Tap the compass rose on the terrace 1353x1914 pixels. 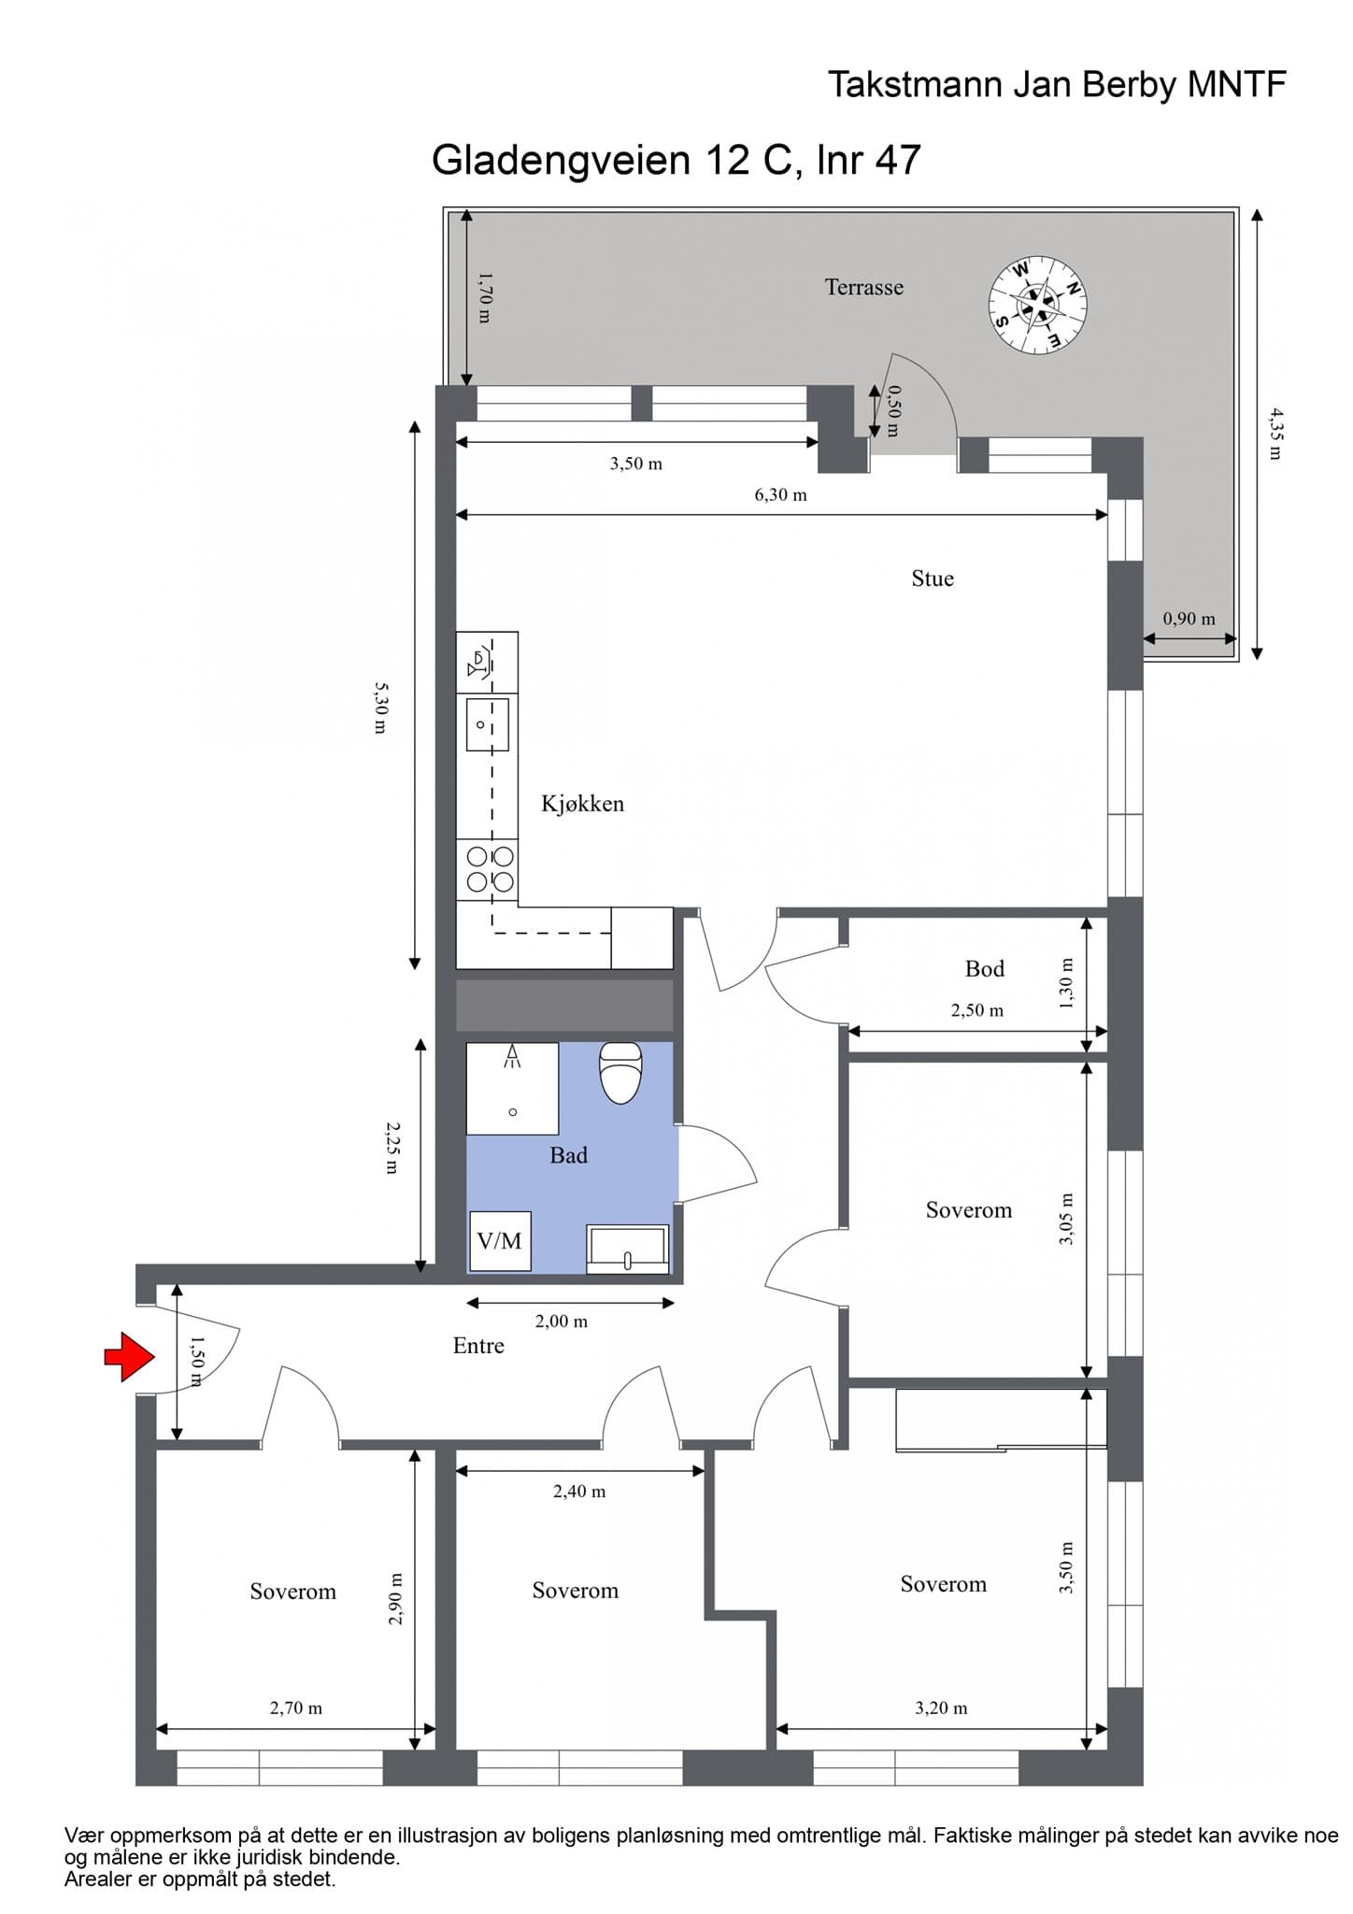coord(1037,305)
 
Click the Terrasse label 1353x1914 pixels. coord(864,287)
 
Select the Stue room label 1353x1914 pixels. coord(933,578)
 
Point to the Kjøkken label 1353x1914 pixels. coord(582,804)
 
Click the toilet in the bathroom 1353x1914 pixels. coord(620,1072)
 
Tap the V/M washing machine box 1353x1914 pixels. coord(500,1241)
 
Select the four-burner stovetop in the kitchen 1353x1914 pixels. coord(491,868)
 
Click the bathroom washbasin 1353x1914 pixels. coord(628,1250)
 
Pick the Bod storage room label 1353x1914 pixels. coord(985,969)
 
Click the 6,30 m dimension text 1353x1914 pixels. coord(781,495)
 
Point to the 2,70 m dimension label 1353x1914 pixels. coord(296,1708)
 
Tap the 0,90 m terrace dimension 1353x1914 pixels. coord(1189,619)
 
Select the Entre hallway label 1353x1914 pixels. coord(478,1346)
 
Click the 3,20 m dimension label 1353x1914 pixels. coord(941,1708)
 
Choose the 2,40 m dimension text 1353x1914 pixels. coord(579,1492)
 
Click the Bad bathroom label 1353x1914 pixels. coord(568,1156)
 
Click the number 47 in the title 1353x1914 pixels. coord(898,160)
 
